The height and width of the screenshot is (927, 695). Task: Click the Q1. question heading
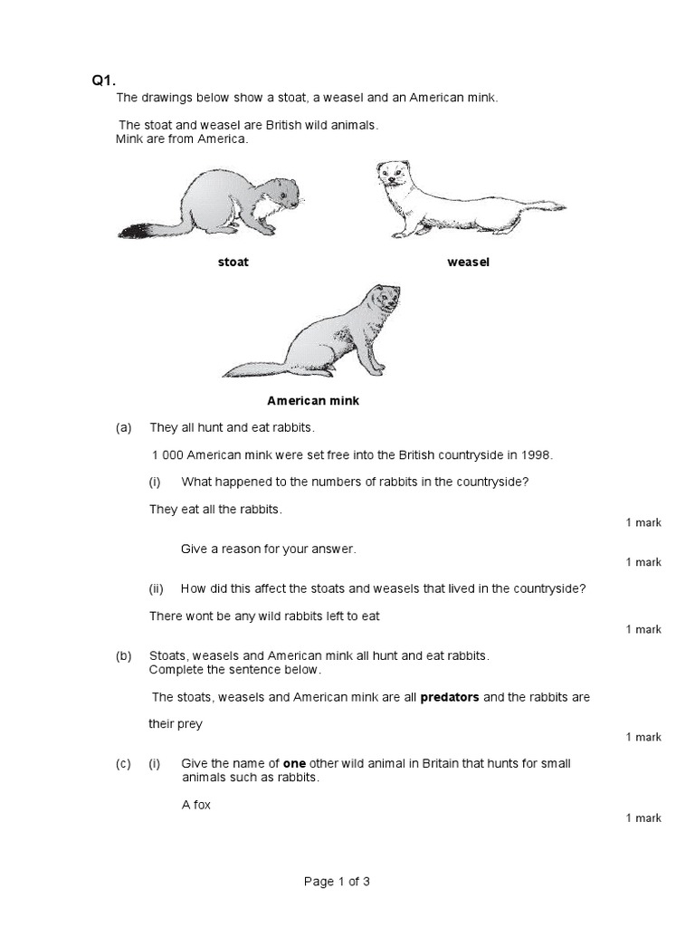(x=104, y=80)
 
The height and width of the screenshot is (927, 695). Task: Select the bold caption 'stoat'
(x=233, y=263)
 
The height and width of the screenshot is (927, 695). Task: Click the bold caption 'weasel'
(x=468, y=263)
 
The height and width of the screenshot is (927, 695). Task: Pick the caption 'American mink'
(x=313, y=400)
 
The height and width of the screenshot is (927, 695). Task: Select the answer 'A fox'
(x=195, y=804)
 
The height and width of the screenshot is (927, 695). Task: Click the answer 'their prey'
(x=176, y=724)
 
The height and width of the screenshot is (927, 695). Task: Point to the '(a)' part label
(x=124, y=427)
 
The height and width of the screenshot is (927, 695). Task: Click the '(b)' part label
(x=124, y=655)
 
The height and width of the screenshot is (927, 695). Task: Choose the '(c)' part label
(x=124, y=764)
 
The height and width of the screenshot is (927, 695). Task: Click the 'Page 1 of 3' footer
(x=337, y=882)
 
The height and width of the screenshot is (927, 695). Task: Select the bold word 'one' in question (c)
(x=293, y=764)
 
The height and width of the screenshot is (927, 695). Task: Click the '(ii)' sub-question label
(x=157, y=588)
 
